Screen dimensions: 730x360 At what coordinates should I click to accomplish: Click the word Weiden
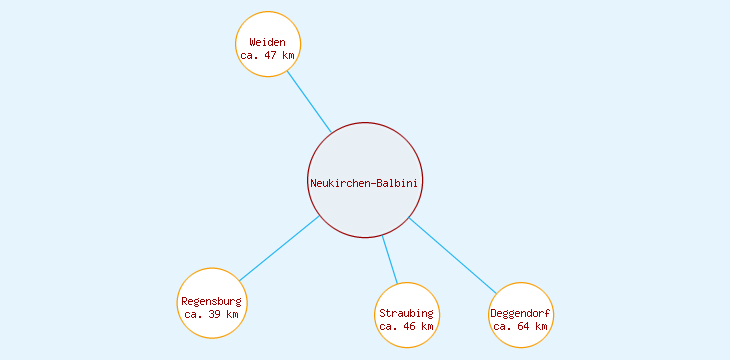coord(268,42)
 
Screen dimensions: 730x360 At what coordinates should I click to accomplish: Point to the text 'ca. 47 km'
coord(268,55)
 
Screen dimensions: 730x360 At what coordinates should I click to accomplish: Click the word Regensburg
coord(211,301)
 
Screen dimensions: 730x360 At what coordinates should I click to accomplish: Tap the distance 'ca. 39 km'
coord(211,314)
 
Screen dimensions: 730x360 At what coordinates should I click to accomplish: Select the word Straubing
coord(407,313)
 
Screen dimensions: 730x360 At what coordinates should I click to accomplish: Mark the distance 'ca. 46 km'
coord(407,326)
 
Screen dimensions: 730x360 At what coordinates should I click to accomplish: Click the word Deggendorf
coord(521,313)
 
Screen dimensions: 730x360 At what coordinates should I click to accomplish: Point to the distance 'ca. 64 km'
coord(521,326)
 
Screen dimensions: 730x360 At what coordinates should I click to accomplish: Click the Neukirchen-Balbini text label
coord(365,182)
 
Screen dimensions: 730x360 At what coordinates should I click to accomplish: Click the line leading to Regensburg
coord(279,248)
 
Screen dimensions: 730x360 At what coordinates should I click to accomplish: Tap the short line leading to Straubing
coord(390,260)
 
